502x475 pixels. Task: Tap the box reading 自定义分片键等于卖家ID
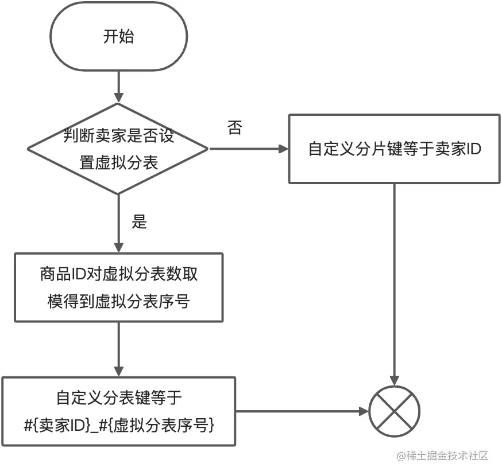pyautogui.click(x=394, y=149)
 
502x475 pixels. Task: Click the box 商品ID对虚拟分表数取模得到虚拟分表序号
pyautogui.click(x=118, y=287)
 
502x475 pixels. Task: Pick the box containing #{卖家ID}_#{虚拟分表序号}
pyautogui.click(x=118, y=411)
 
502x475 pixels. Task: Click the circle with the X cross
pyautogui.click(x=394, y=411)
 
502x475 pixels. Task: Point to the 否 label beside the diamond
pyautogui.click(x=234, y=128)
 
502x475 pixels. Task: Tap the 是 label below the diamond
pyautogui.click(x=140, y=222)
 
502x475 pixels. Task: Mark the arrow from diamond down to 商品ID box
pyautogui.click(x=118, y=224)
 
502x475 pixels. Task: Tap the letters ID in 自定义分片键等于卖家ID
pyautogui.click(x=472, y=149)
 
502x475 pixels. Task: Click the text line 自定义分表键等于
pyautogui.click(x=118, y=397)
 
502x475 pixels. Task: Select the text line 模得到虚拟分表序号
pyautogui.click(x=118, y=301)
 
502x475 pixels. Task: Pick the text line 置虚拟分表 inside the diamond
pyautogui.click(x=118, y=163)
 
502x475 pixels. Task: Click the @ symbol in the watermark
pyautogui.click(x=400, y=457)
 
